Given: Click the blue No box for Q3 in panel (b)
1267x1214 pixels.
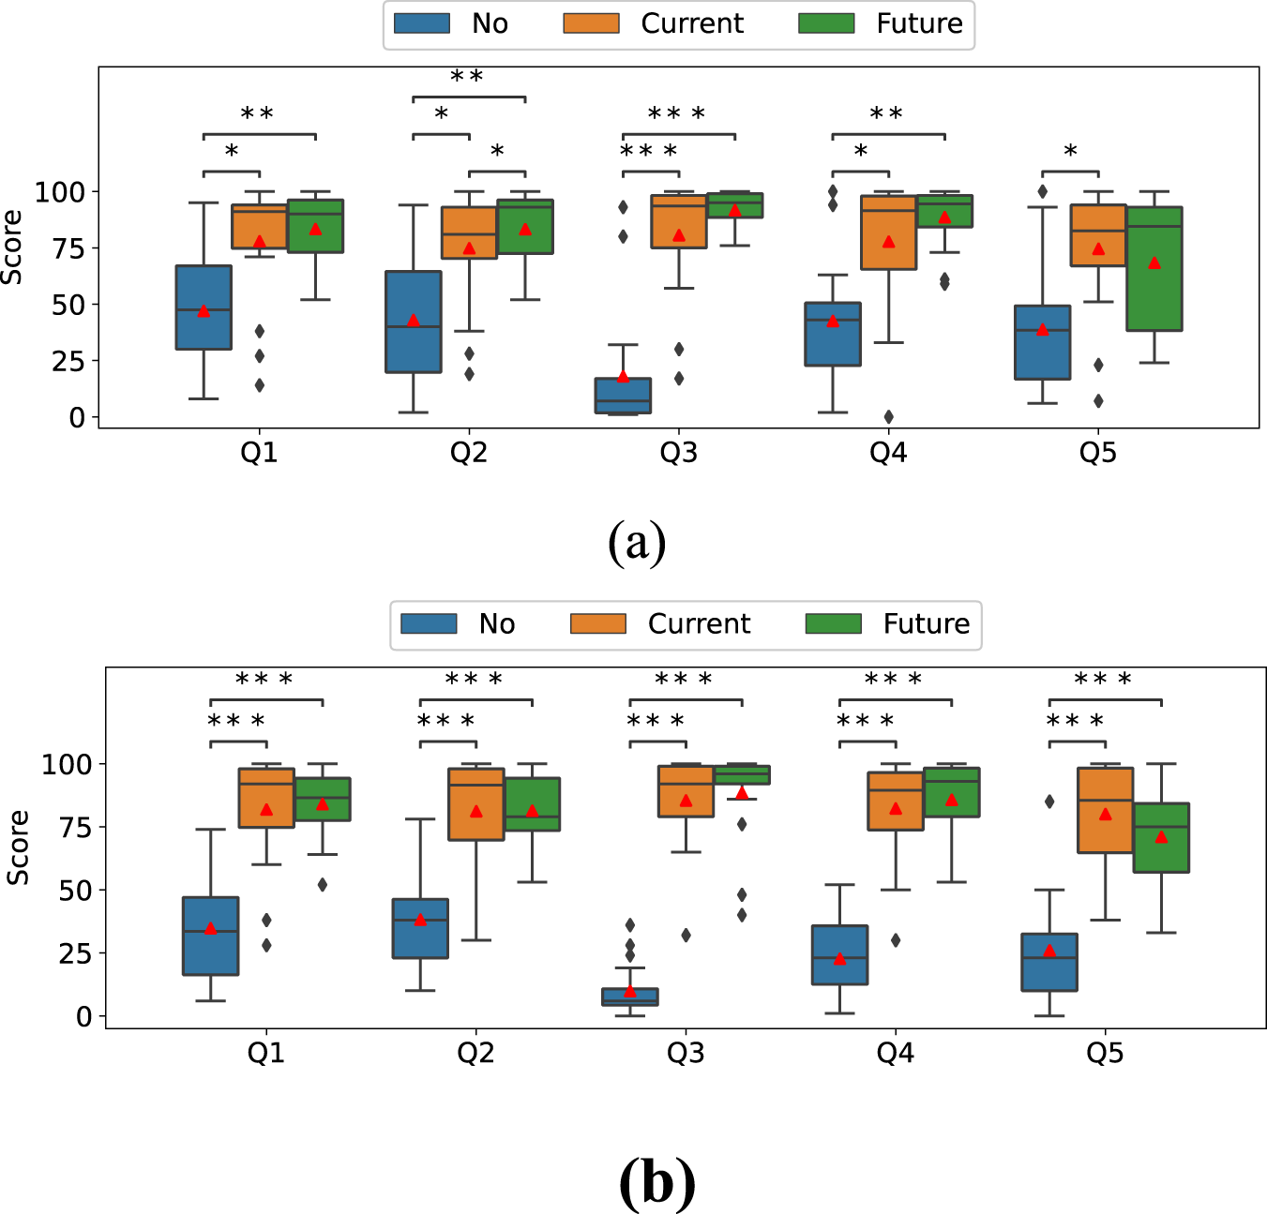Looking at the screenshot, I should [x=630, y=997].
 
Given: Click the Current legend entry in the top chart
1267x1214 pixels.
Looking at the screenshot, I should [x=691, y=23].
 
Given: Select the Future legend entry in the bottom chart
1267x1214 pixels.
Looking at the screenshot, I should [x=926, y=623].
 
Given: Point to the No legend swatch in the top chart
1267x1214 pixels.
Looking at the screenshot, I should [x=422, y=23].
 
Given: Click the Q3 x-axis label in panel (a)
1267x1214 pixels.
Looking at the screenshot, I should [x=678, y=454].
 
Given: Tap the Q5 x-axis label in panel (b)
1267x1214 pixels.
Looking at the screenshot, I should [x=1105, y=1054].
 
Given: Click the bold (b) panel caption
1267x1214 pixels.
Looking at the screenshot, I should [x=657, y=1182].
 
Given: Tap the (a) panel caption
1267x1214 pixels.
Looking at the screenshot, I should [x=637, y=542].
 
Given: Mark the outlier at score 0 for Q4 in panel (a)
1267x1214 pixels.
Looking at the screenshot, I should [x=888, y=417].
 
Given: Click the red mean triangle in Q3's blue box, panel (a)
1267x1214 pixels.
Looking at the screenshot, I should [x=623, y=376].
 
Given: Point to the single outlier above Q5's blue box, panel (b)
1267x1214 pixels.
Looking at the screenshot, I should [x=1049, y=802].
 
